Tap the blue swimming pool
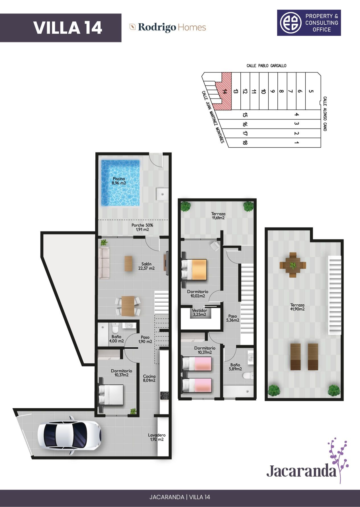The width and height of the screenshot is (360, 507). pyautogui.click(x=120, y=183)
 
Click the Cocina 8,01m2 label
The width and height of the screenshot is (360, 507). pyautogui.click(x=149, y=378)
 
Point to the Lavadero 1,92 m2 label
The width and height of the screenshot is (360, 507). pyautogui.click(x=157, y=437)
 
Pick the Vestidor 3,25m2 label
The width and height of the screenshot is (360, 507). pyautogui.click(x=199, y=312)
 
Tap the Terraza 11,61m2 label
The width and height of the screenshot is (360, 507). pyautogui.click(x=218, y=216)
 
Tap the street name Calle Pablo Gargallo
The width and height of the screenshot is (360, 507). pyautogui.click(x=266, y=66)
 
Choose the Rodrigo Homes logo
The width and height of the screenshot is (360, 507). pyautogui.click(x=168, y=27)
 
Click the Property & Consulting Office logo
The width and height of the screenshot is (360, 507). pyautogui.click(x=309, y=23)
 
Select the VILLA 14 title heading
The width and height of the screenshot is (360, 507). pyautogui.click(x=67, y=28)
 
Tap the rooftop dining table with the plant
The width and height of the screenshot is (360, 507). pyautogui.click(x=292, y=265)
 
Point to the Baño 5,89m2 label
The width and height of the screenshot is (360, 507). pyautogui.click(x=235, y=366)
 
